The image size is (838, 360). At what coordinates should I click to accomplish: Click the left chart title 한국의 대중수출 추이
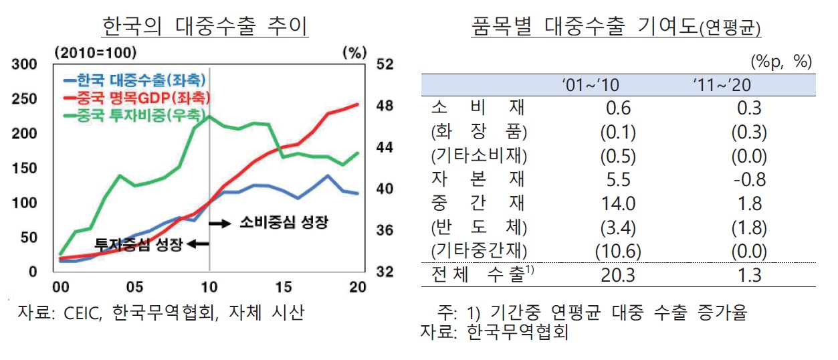point(205,26)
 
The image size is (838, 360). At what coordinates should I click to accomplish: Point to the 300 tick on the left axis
point(24,64)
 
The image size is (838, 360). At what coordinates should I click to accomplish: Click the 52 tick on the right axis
point(385,64)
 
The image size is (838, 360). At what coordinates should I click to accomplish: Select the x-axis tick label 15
point(284,287)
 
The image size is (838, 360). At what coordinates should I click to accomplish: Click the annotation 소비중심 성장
point(284,222)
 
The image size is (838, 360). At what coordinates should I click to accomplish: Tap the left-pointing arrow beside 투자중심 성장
point(198,244)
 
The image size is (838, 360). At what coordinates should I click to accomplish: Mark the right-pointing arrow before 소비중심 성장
point(220,223)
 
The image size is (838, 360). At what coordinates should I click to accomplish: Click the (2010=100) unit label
point(96,53)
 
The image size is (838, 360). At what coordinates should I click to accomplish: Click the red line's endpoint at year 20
point(358,104)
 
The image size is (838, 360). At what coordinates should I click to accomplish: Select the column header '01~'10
point(591,86)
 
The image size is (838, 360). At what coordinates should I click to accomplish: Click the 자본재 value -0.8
point(750,179)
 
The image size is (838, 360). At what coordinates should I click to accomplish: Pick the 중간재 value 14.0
point(618,203)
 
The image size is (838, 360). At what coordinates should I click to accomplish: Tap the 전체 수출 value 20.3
point(618,275)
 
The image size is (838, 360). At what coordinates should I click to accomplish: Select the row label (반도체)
point(479,227)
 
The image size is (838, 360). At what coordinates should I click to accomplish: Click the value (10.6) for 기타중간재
point(618,251)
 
